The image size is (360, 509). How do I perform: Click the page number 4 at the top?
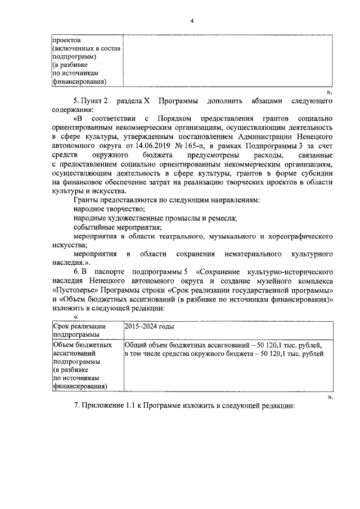[191, 21]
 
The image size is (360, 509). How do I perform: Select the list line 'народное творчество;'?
[109, 209]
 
